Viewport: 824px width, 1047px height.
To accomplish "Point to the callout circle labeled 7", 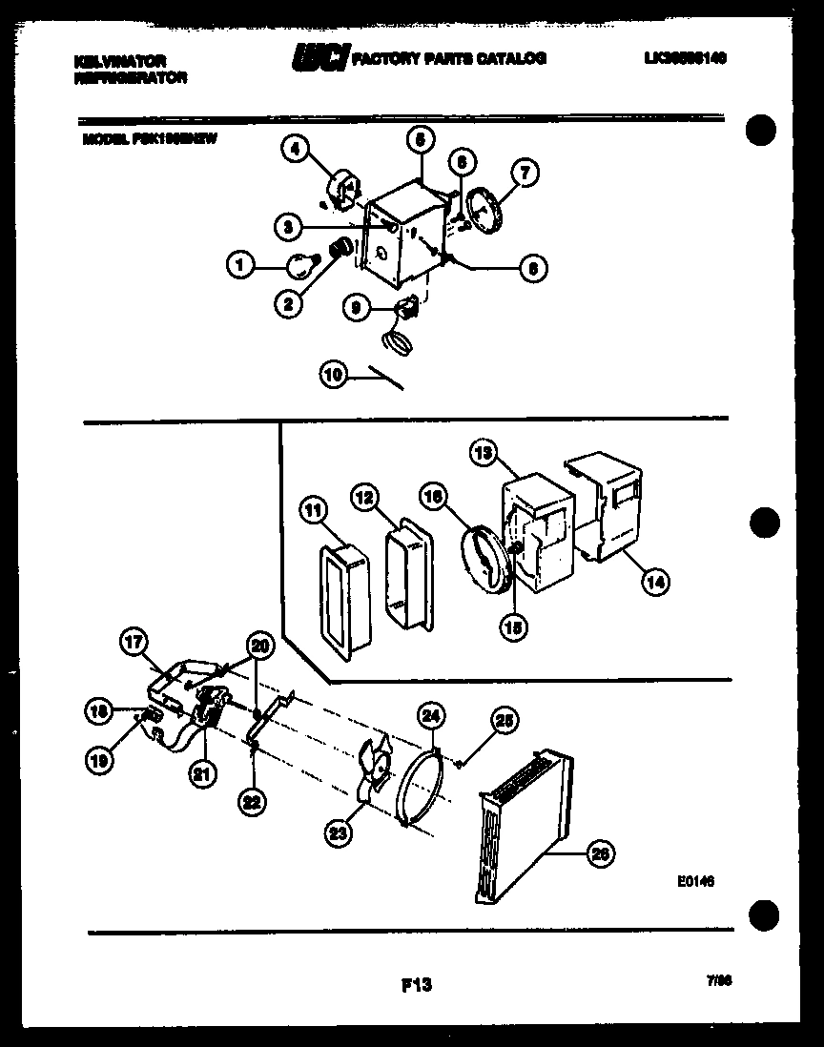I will [x=524, y=174].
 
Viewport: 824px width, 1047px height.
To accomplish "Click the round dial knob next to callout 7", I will [x=488, y=208].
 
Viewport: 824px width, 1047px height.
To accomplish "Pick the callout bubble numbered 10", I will [x=334, y=376].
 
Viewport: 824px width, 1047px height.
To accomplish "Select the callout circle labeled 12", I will [x=365, y=497].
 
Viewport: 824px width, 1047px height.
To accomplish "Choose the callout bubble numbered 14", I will [x=656, y=580].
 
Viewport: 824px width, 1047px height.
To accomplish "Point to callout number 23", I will [x=339, y=833].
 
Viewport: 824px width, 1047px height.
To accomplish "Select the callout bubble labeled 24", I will [x=431, y=715].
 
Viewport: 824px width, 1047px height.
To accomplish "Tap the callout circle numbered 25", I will [x=505, y=723].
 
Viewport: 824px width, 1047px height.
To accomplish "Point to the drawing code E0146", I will [x=696, y=882].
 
